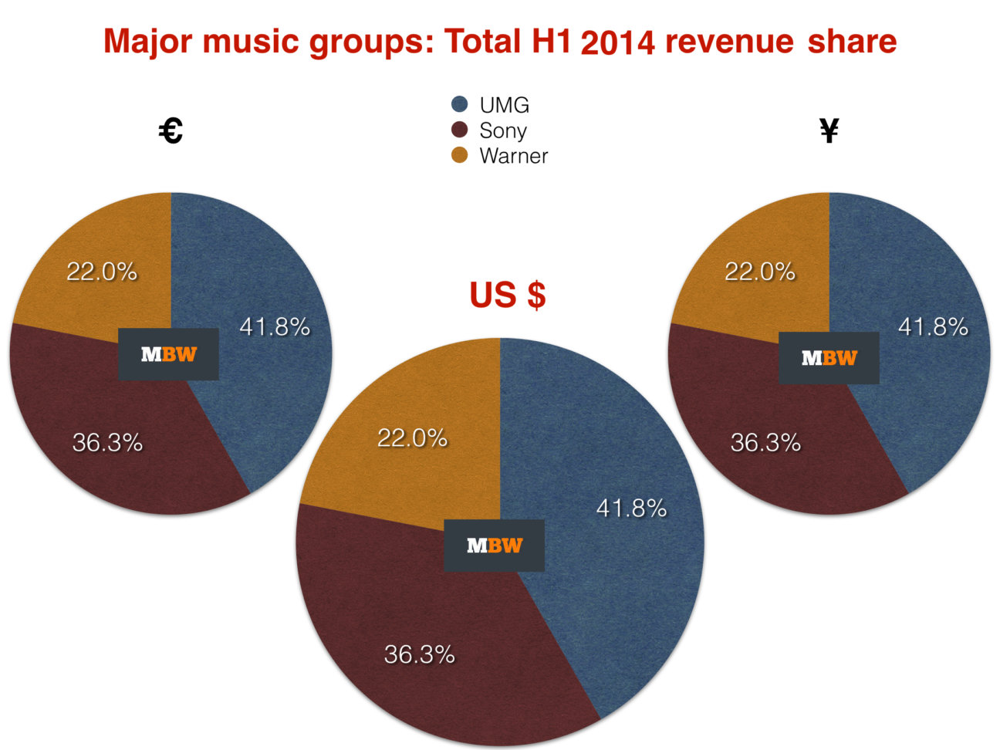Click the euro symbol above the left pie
[171, 131]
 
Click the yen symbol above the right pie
[829, 131]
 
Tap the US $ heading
[508, 295]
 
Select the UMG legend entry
[503, 105]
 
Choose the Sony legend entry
[502, 130]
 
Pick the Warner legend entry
[512, 156]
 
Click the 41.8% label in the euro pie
[275, 327]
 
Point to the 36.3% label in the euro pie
[107, 443]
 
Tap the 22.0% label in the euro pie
[102, 272]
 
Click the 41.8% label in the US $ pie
[631, 508]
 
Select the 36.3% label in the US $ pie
[419, 655]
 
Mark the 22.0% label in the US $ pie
[412, 438]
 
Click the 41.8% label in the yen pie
[933, 327]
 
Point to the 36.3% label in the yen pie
[765, 443]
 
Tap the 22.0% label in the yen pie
[760, 272]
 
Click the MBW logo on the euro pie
[168, 354]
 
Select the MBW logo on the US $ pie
[494, 546]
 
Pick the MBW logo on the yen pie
[829, 358]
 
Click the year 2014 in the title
[617, 43]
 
